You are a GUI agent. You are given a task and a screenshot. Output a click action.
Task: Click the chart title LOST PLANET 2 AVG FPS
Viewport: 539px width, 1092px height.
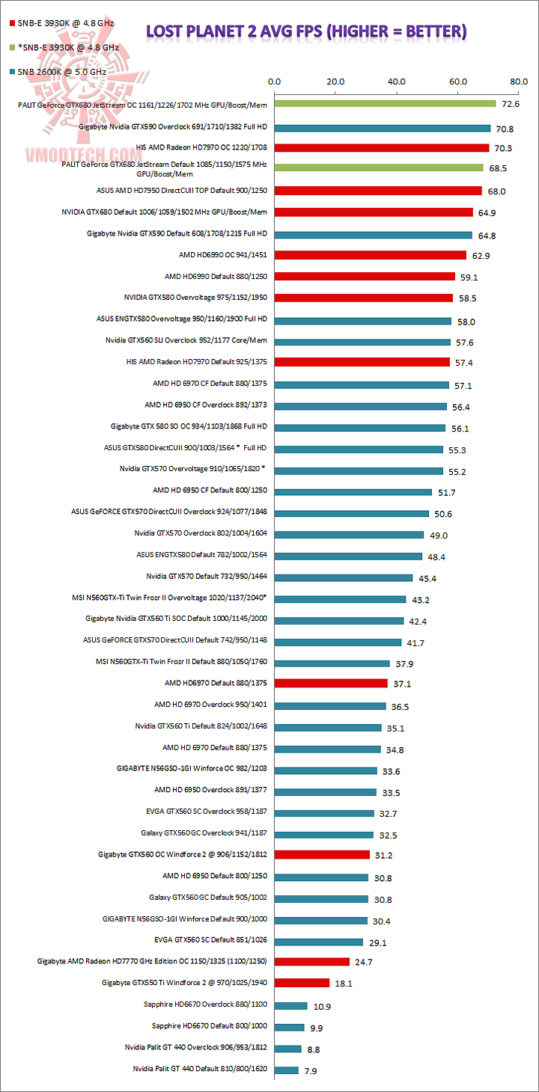[306, 31]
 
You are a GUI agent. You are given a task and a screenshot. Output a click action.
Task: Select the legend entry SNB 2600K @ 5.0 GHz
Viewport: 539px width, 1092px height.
[67, 70]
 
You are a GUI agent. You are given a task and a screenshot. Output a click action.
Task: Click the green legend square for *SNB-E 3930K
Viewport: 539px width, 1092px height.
[11, 47]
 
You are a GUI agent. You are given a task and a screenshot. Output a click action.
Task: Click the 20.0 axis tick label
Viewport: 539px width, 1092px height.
[335, 82]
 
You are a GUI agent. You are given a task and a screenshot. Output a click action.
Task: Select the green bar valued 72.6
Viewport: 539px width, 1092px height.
[386, 104]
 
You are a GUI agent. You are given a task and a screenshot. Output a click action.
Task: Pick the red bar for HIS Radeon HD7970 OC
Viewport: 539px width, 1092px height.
[382, 148]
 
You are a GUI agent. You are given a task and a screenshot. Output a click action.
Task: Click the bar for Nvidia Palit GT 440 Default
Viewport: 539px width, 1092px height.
[287, 1070]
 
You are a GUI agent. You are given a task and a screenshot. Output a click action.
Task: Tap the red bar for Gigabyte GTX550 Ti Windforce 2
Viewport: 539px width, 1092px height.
[302, 983]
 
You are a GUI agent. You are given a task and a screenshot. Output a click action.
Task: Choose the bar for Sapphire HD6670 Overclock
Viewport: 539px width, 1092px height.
[291, 1005]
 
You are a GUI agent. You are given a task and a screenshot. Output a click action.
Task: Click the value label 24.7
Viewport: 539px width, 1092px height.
[362, 962]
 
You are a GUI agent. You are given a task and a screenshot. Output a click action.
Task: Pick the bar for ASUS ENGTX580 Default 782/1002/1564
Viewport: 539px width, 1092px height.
[348, 556]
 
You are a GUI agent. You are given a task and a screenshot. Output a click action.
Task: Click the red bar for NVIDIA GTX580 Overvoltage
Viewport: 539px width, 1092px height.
[364, 298]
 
